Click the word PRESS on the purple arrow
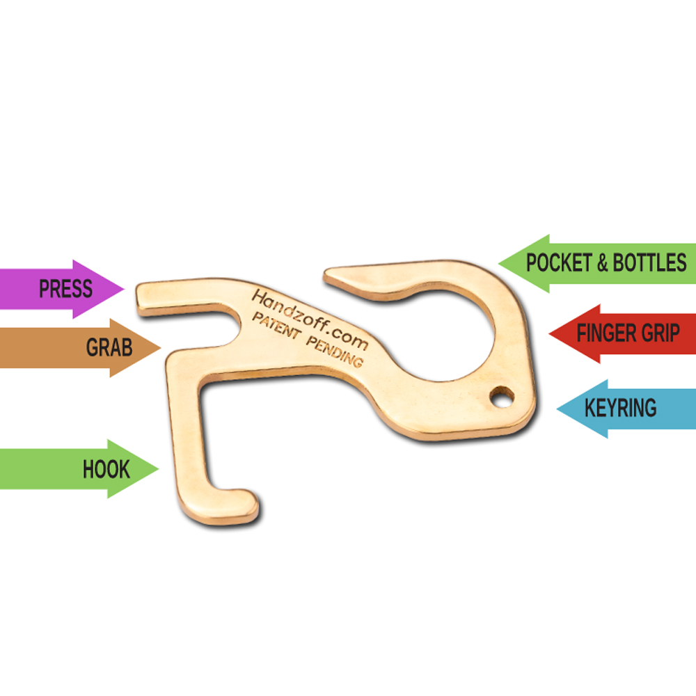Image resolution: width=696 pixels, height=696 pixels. (x=65, y=289)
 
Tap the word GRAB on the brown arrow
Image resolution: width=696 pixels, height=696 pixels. (x=109, y=347)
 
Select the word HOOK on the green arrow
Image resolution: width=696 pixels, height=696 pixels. (x=106, y=469)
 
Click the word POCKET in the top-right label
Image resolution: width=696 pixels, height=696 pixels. (x=559, y=262)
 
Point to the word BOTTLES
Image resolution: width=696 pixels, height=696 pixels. (x=650, y=262)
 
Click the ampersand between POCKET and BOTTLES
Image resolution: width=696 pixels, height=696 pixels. (x=602, y=262)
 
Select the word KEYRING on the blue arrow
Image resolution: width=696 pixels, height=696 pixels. (x=621, y=408)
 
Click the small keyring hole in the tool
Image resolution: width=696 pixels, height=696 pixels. (x=502, y=396)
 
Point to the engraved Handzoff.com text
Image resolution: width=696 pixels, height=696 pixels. (x=310, y=319)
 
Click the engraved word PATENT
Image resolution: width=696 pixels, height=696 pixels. (x=276, y=325)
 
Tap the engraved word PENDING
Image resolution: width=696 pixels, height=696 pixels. (x=335, y=351)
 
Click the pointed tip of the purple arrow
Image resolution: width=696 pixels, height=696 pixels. (x=124, y=289)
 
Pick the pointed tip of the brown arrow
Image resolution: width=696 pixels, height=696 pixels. (x=160, y=347)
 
